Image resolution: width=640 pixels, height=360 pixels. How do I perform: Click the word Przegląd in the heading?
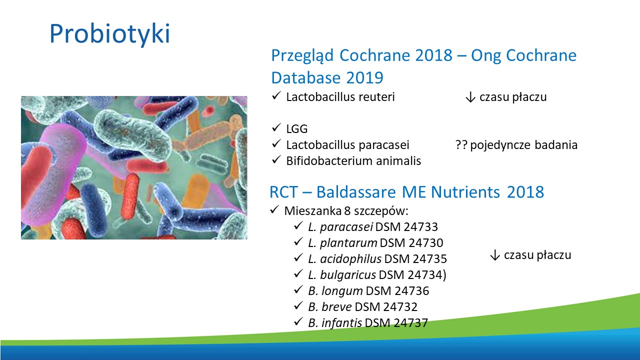click(302, 56)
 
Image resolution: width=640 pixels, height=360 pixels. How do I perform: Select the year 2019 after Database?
click(364, 77)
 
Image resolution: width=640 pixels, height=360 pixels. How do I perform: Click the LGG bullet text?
click(297, 129)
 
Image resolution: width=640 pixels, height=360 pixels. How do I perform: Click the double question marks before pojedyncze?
click(461, 145)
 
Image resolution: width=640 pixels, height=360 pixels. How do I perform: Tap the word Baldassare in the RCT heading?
click(356, 192)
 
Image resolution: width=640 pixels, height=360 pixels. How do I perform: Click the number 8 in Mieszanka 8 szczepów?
click(347, 211)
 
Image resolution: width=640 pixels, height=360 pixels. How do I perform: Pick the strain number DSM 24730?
click(411, 243)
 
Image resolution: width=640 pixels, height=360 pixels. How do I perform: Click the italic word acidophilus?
click(351, 259)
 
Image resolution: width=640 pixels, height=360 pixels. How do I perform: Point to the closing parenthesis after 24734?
click(444, 275)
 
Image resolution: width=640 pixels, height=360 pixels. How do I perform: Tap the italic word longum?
click(342, 291)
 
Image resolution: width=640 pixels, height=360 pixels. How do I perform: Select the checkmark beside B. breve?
click(298, 306)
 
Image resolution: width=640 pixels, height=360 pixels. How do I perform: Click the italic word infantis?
click(341, 323)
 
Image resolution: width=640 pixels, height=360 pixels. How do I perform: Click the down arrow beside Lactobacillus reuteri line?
click(470, 97)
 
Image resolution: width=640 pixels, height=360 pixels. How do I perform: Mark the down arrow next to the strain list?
click(495, 255)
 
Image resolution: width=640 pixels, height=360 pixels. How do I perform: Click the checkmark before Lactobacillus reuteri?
click(276, 96)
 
